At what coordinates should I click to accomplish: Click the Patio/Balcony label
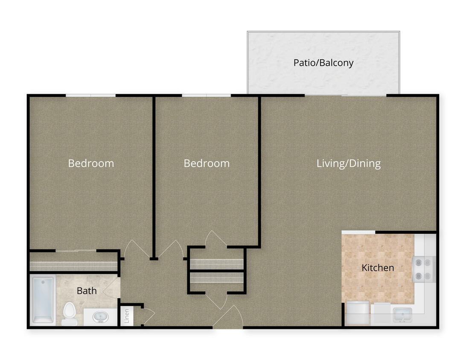(x=323, y=63)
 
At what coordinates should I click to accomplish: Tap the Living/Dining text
(x=348, y=163)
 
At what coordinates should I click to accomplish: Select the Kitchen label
(x=378, y=268)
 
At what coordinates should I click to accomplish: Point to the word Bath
(x=87, y=291)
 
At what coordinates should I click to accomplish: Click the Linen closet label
(x=127, y=316)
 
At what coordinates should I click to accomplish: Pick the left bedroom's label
(x=91, y=163)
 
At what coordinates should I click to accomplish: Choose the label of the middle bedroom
(x=207, y=163)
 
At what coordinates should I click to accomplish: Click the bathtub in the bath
(x=43, y=299)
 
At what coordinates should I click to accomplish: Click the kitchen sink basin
(x=402, y=315)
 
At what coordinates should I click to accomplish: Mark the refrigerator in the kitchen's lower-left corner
(x=357, y=313)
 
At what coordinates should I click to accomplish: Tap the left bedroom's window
(x=90, y=95)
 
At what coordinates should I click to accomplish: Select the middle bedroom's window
(x=207, y=95)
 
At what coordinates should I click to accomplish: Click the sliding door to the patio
(x=345, y=95)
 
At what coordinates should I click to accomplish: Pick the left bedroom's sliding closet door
(x=76, y=250)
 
